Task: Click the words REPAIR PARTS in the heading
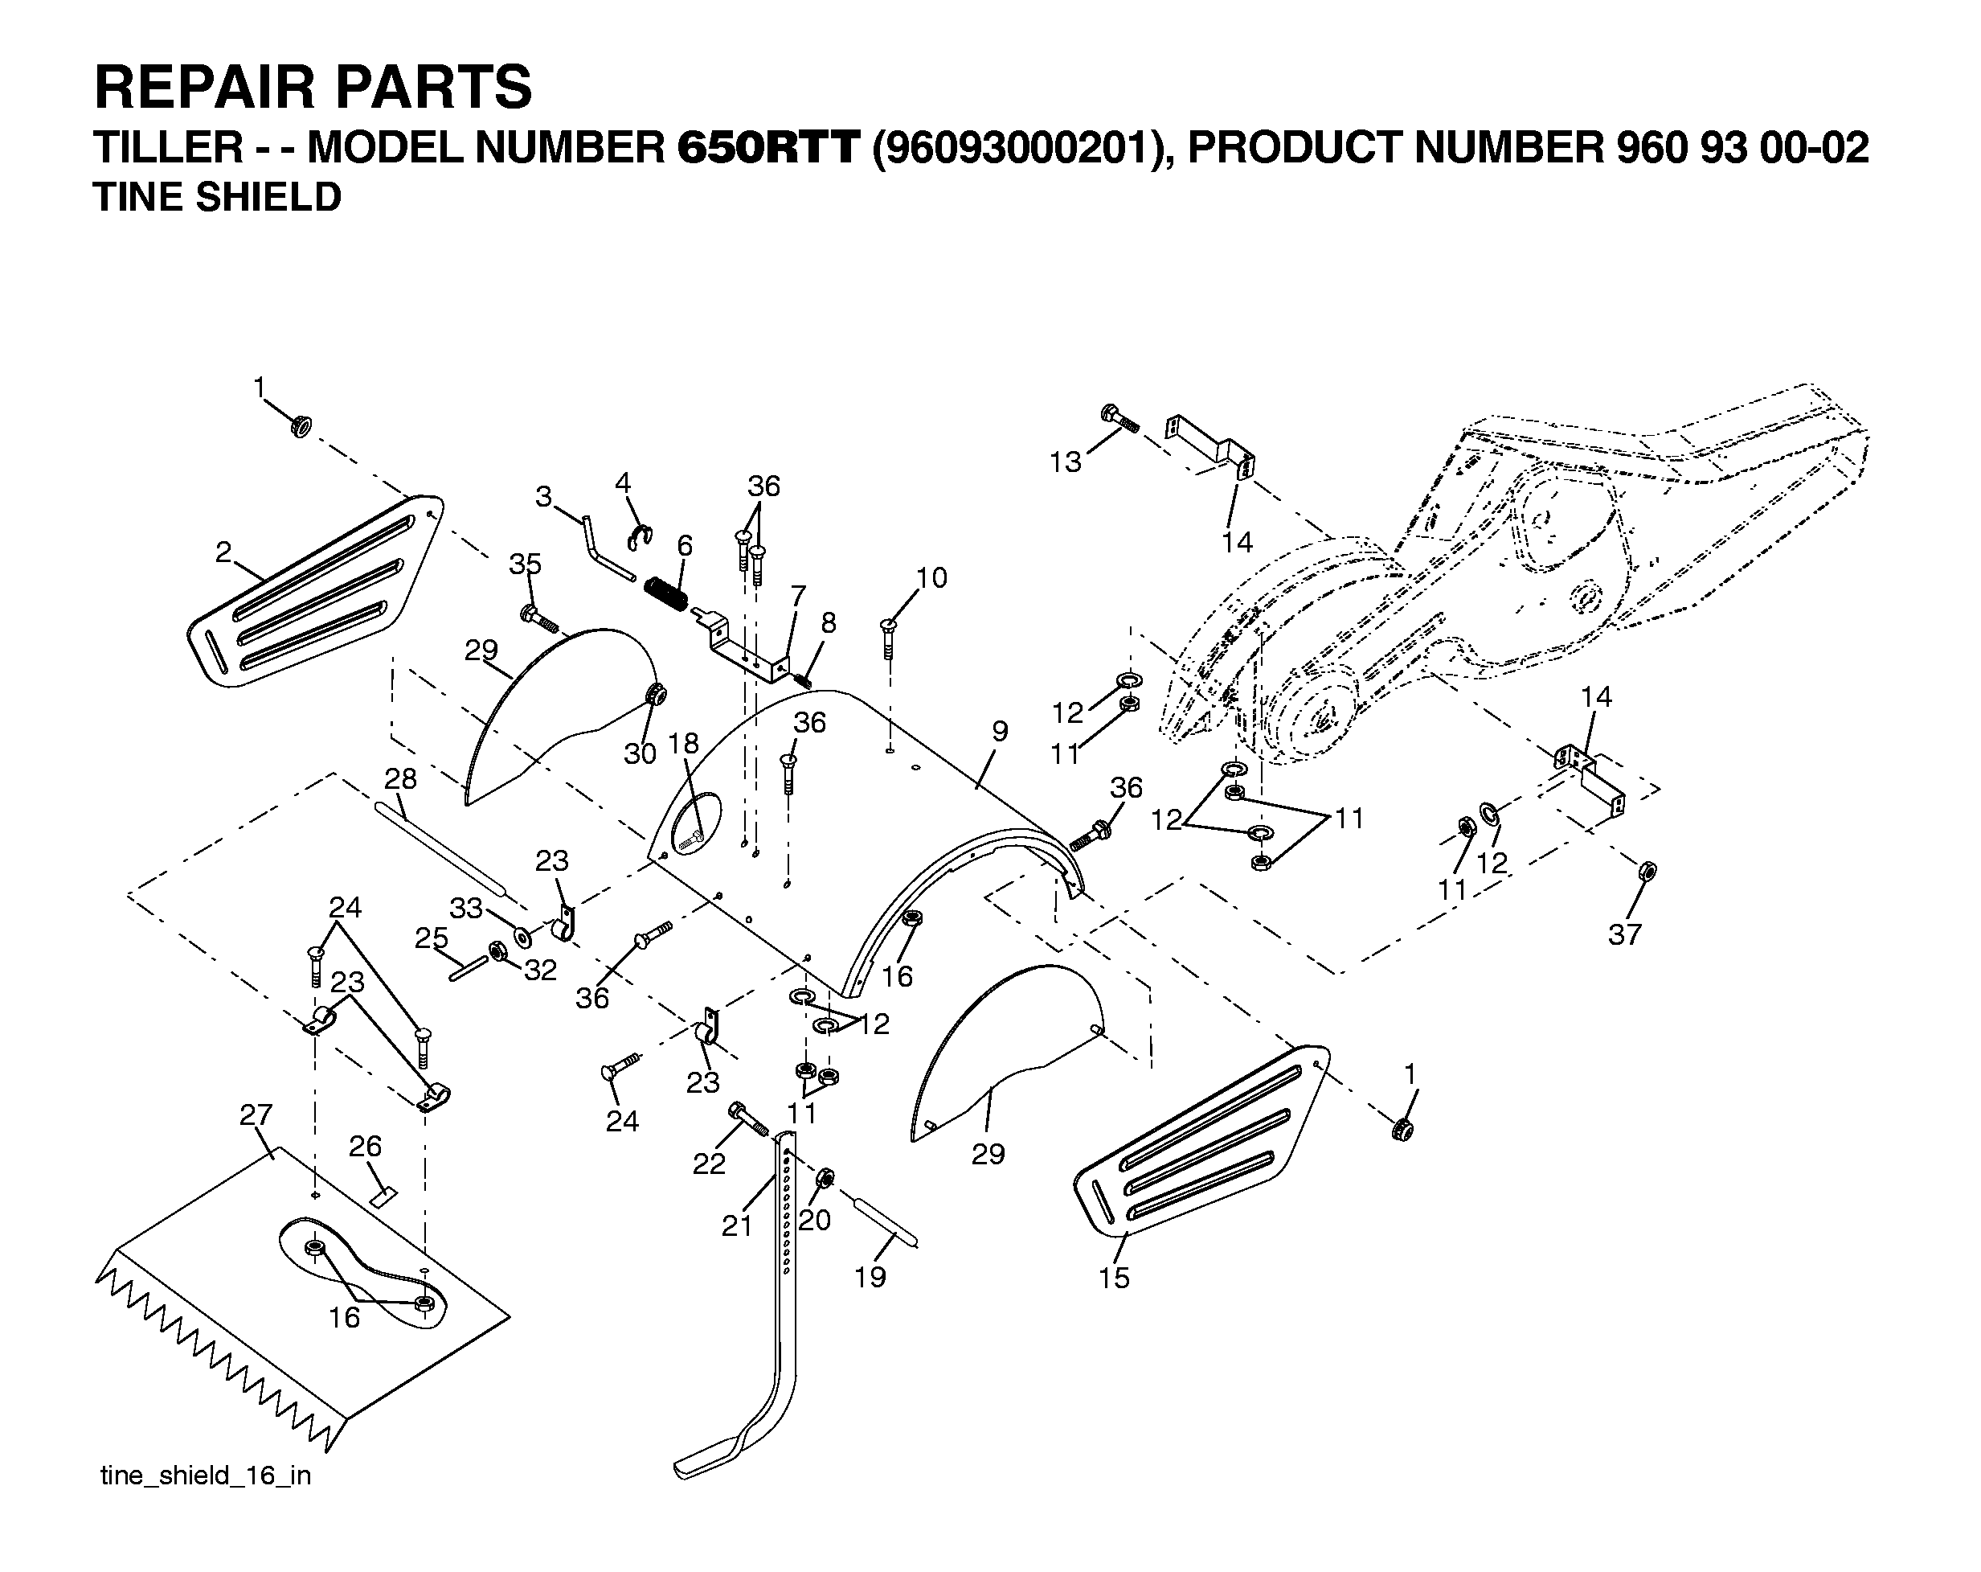coord(313,88)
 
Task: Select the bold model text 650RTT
coord(768,148)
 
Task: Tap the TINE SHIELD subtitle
coord(218,198)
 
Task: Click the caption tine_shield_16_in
coord(206,1476)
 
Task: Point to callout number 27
coord(256,1114)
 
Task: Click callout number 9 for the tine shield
coord(1001,731)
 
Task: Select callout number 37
coord(1624,934)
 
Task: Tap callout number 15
coord(1114,1277)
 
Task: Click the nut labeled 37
coord(1647,870)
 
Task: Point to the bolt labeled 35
coord(539,617)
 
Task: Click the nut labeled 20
coord(825,1178)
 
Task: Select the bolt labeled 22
coord(749,1118)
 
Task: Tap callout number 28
coord(399,778)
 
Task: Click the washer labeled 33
coord(522,938)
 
